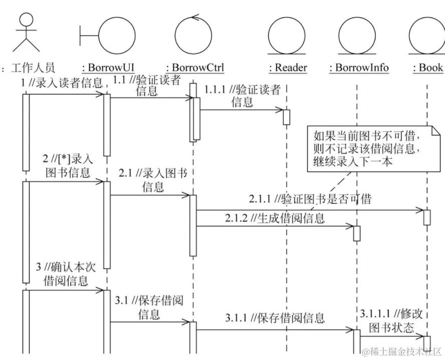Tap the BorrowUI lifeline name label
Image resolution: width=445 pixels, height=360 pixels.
coord(108,68)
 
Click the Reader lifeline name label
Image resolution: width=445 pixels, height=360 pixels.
coord(288,68)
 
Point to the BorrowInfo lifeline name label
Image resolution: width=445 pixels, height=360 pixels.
coord(359,68)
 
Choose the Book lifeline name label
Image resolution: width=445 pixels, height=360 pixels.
coord(427,68)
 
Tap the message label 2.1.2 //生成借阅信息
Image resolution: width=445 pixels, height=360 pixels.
coord(275,218)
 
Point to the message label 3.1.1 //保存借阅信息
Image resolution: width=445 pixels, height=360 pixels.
coord(275,317)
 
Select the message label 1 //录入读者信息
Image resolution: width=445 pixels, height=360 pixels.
coord(62,83)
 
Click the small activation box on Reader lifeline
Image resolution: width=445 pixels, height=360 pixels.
coord(287,117)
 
